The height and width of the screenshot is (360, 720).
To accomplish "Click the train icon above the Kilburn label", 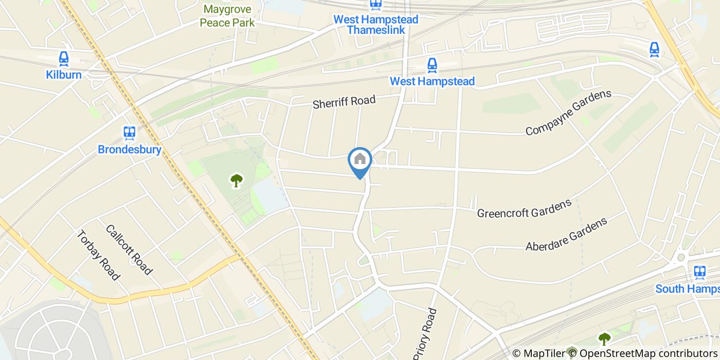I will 64,58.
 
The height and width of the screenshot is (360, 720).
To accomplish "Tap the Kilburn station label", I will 64,75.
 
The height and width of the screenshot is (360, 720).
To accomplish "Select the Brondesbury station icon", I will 130,133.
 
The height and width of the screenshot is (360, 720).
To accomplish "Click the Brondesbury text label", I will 130,150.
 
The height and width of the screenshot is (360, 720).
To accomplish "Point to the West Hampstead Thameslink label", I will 375,24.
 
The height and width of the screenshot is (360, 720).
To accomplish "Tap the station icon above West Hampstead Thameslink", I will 375,5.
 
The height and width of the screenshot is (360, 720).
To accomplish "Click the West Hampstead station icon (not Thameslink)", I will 432,65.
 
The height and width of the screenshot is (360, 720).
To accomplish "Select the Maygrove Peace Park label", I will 227,16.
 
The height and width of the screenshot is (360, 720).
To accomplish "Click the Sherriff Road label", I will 344,101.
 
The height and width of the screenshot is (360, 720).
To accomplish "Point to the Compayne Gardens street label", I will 568,113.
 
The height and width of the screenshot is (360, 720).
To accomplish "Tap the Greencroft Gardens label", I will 525,208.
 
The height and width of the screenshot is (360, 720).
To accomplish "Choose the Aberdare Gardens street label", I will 566,234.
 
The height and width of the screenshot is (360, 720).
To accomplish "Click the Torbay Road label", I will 98,255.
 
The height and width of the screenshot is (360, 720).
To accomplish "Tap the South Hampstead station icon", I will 699,272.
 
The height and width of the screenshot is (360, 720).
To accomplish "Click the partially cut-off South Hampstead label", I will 688,289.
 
